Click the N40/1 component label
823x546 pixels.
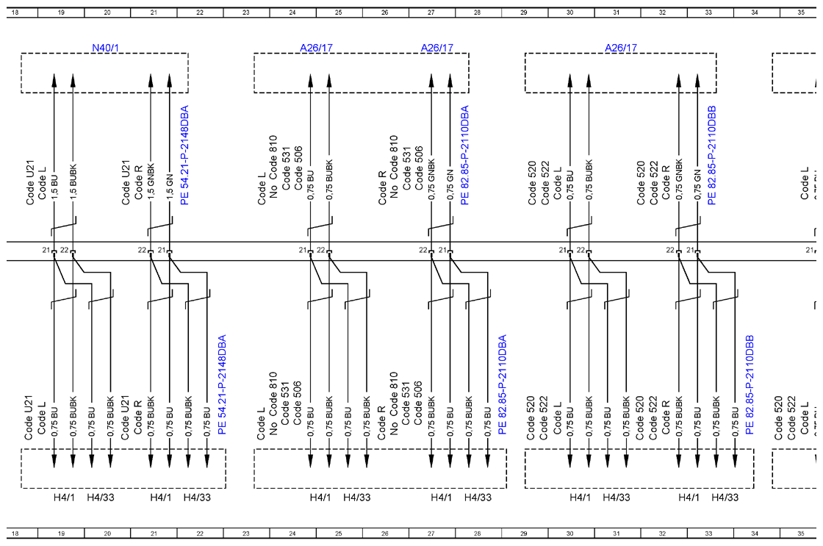(106, 48)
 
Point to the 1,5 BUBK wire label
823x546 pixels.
(73, 182)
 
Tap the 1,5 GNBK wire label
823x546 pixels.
(151, 182)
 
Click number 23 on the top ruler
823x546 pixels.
(245, 12)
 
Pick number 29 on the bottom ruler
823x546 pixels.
(523, 534)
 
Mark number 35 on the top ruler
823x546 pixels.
(801, 12)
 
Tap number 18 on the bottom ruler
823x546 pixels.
(15, 534)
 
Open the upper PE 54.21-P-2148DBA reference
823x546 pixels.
(184, 155)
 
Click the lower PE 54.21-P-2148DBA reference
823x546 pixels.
(222, 385)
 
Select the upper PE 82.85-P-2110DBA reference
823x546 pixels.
(464, 155)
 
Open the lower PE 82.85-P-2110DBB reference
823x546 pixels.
(750, 385)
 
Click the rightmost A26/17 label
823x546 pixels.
(621, 48)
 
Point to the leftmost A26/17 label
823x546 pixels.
(316, 48)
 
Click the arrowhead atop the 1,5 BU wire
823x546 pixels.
(54, 81)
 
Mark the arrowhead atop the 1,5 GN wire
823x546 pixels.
(170, 81)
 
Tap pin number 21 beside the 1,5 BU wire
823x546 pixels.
(46, 250)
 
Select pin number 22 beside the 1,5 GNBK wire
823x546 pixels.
(142, 250)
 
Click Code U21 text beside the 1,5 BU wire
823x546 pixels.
(30, 183)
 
